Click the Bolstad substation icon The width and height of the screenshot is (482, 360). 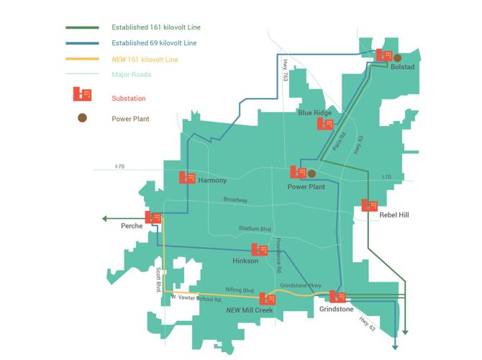coord(383,55)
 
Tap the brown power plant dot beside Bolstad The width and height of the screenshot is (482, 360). coord(397,58)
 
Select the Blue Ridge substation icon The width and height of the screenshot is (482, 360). coord(325,123)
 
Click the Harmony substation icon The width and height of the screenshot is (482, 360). coord(187,177)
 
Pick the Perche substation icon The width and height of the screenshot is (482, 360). coord(153,217)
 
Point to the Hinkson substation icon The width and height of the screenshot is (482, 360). coord(260,249)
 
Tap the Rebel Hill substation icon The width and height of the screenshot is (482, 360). coord(370,205)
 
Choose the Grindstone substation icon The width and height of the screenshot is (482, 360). coord(337,296)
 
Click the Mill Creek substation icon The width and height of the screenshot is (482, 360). coord(268,299)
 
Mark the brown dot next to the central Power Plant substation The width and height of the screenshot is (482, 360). coord(312,174)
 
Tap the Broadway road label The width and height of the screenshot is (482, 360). coord(235,200)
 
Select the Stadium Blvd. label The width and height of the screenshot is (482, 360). coord(255,229)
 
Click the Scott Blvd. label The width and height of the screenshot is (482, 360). coord(158,279)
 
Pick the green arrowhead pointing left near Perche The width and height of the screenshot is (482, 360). coord(105,218)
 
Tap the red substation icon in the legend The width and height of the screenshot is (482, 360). coord(82,95)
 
